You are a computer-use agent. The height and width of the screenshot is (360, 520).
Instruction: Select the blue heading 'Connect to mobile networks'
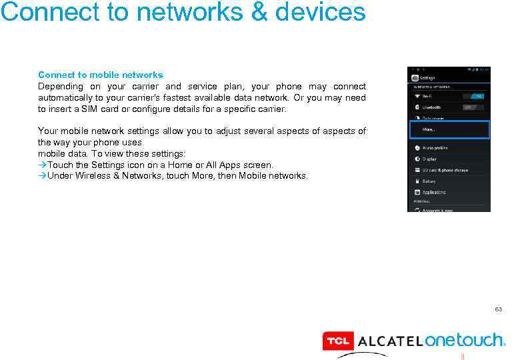[100, 75]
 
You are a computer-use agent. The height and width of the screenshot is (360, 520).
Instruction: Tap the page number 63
[497, 310]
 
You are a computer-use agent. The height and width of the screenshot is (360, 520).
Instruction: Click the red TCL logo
[337, 341]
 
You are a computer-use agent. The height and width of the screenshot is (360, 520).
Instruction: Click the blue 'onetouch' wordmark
[465, 341]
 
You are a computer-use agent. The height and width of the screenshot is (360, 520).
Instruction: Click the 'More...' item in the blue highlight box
[430, 129]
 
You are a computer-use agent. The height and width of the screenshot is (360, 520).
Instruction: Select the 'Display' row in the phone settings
[430, 159]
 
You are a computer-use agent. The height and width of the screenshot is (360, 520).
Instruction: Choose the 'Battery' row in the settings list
[430, 181]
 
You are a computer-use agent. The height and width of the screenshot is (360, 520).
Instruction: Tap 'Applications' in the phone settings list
[434, 192]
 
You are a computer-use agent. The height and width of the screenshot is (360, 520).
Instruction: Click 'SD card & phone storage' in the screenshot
[445, 170]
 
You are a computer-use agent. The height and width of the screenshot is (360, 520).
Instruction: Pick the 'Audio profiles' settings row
[435, 147]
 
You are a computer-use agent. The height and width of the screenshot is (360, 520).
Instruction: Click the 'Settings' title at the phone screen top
[427, 77]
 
